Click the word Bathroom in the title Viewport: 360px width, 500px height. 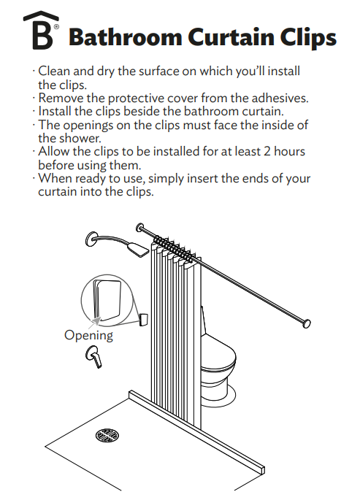click(x=126, y=37)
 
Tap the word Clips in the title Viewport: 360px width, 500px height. click(x=308, y=38)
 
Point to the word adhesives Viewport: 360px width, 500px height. click(x=280, y=98)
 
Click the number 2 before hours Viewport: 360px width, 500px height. click(x=267, y=151)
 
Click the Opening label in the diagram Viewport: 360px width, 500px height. click(x=88, y=336)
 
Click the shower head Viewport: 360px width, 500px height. click(x=138, y=249)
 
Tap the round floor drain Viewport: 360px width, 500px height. click(x=107, y=435)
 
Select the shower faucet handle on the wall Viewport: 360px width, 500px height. click(x=94, y=356)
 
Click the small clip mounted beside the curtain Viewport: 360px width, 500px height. click(x=144, y=320)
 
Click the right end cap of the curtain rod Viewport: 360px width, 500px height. click(x=307, y=323)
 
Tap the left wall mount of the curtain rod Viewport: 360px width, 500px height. click(x=139, y=228)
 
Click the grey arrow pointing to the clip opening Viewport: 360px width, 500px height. click(x=96, y=321)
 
